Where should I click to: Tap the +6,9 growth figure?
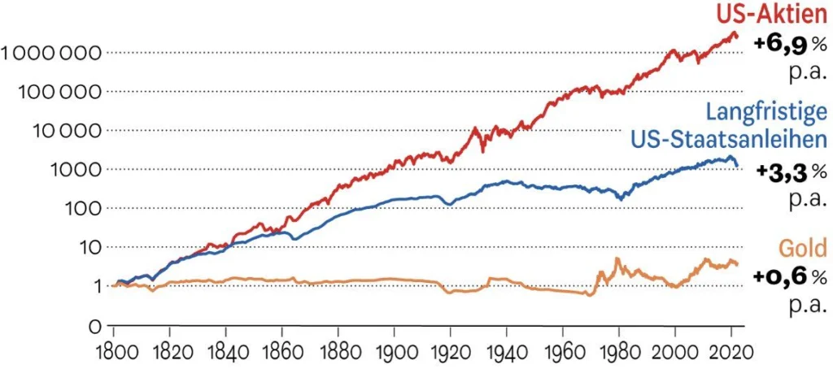pos(784,45)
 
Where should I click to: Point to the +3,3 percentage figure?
pos(786,172)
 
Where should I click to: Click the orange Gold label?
pos(801,247)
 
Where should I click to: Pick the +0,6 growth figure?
pos(784,277)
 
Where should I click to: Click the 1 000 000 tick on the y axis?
pos(51,54)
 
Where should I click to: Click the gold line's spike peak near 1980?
pos(617,259)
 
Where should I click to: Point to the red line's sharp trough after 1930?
pos(482,150)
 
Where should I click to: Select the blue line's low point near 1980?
pos(621,198)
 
